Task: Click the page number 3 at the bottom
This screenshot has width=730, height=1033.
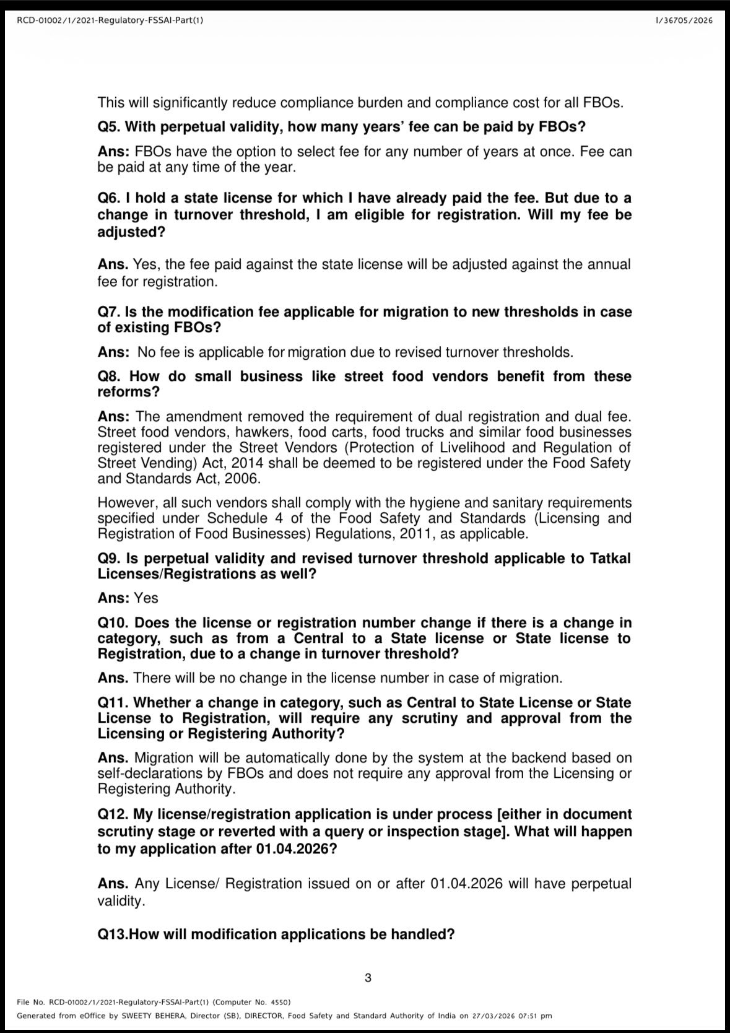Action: (x=368, y=978)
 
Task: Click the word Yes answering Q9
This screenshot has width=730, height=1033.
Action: (x=146, y=598)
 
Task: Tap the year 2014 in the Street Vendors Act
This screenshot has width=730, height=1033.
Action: (x=269, y=463)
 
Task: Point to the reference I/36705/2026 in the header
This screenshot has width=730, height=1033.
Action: (x=684, y=20)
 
